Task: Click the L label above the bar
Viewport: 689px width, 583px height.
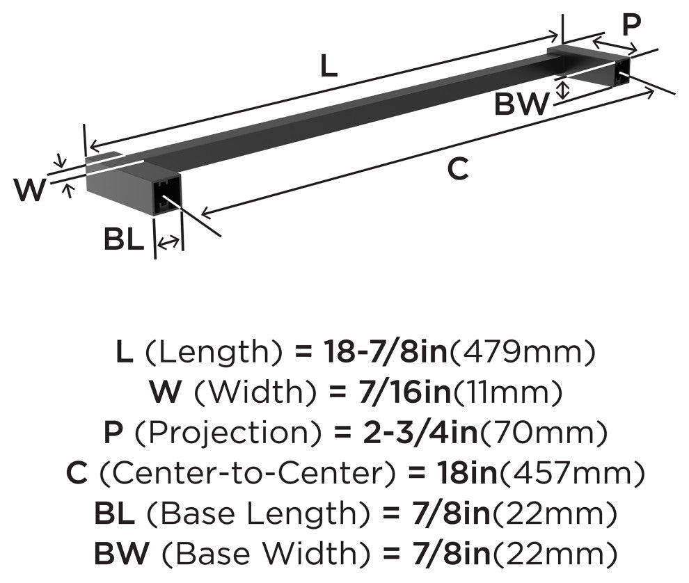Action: click(x=328, y=67)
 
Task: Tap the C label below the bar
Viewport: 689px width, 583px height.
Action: click(x=457, y=169)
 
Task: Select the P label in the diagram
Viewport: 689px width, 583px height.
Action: click(x=631, y=25)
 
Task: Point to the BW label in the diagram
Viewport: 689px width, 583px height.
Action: click(x=521, y=105)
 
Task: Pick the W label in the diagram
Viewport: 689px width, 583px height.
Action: click(x=30, y=190)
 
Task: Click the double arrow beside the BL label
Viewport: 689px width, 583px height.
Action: click(x=168, y=243)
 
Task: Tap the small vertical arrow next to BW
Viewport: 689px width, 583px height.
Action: click(x=564, y=89)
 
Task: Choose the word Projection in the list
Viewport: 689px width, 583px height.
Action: click(x=230, y=433)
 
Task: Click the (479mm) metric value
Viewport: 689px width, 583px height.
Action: click(x=522, y=353)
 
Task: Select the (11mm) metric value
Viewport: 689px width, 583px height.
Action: click(x=507, y=393)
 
